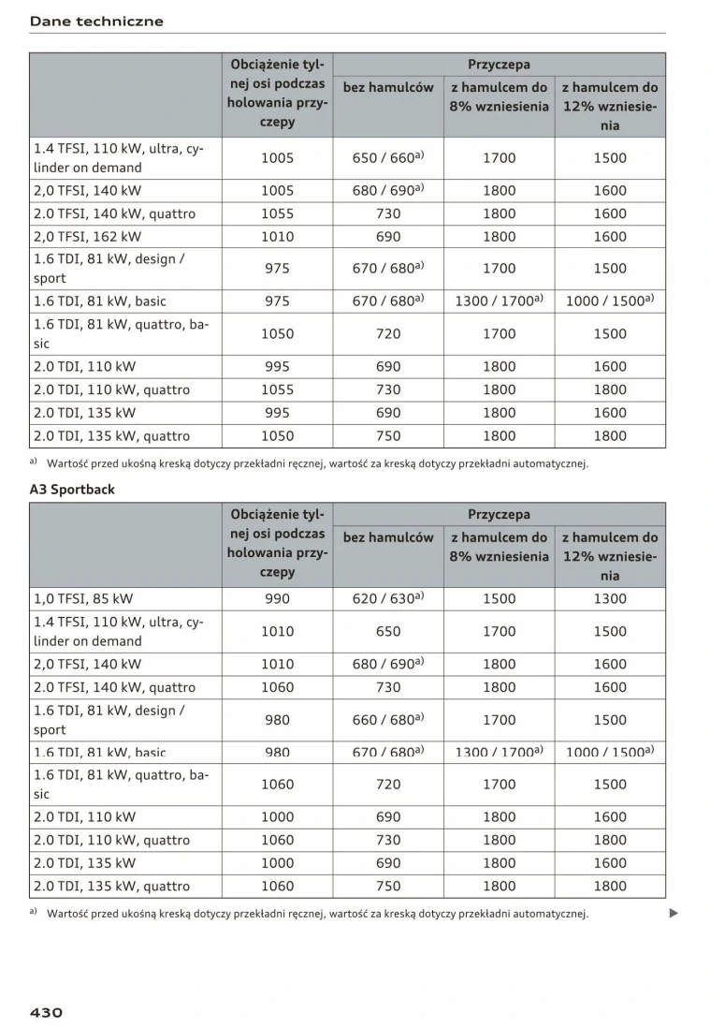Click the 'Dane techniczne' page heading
(96, 21)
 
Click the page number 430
(46, 1012)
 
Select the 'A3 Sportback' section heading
(74, 489)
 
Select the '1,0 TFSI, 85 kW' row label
(83, 599)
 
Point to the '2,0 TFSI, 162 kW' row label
(87, 237)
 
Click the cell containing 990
(277, 599)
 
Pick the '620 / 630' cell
(387, 599)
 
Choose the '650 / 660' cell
(387, 158)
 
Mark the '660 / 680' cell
(387, 720)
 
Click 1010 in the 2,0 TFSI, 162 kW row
(277, 237)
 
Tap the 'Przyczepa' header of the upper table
(499, 65)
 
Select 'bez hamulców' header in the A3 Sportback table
(388, 537)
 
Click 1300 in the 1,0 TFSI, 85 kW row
(610, 599)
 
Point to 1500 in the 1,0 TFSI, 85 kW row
(499, 599)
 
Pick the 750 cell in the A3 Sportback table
(387, 886)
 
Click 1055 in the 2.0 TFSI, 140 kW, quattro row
(277, 213)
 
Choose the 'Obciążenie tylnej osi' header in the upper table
(277, 93)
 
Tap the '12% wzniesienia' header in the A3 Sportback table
(610, 556)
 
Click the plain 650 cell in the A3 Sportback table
(387, 632)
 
